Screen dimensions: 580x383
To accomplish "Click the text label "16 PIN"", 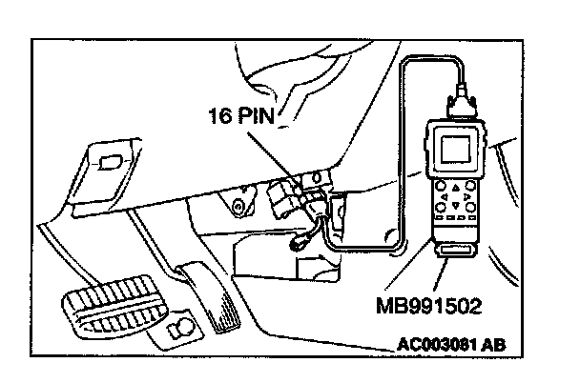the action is pyautogui.click(x=242, y=115).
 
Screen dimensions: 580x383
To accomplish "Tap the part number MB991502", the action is pyautogui.click(x=429, y=306).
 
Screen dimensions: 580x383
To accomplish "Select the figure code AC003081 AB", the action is pyautogui.click(x=451, y=345).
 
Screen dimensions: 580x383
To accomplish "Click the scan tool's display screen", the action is pyautogui.click(x=456, y=149).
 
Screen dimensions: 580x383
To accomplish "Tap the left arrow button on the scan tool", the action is pyautogui.click(x=445, y=197).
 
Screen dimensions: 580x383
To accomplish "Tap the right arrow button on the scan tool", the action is pyautogui.click(x=466, y=196).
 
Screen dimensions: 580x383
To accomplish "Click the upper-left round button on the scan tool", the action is pyautogui.click(x=441, y=186).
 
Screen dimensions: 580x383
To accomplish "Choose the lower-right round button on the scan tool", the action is pyautogui.click(x=470, y=208).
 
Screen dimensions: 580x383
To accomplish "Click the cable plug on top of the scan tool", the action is pyautogui.click(x=462, y=104).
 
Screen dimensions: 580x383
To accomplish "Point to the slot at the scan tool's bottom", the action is pyautogui.click(x=456, y=251).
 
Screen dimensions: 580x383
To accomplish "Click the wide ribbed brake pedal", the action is pyautogui.click(x=113, y=306).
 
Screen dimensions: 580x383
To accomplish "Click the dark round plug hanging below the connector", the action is pyautogui.click(x=297, y=243).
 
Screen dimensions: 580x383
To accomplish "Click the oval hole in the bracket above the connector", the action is pyautogui.click(x=317, y=177).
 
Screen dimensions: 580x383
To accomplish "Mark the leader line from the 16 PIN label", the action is pyautogui.click(x=276, y=159).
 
